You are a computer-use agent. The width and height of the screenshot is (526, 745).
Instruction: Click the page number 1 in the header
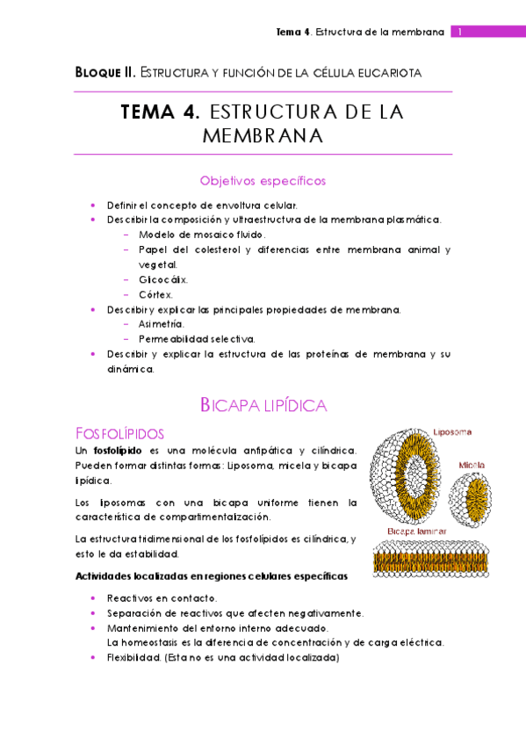tap(459, 33)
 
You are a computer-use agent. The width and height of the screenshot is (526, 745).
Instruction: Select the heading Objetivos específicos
tap(263, 181)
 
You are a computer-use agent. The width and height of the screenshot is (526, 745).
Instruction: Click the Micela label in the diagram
tap(472, 464)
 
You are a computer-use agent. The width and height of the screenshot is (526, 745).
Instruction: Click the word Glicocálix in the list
tap(162, 279)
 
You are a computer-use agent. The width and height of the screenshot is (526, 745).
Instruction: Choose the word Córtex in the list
tap(155, 294)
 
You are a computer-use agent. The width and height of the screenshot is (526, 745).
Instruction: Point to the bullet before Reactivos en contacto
tap(94, 597)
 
